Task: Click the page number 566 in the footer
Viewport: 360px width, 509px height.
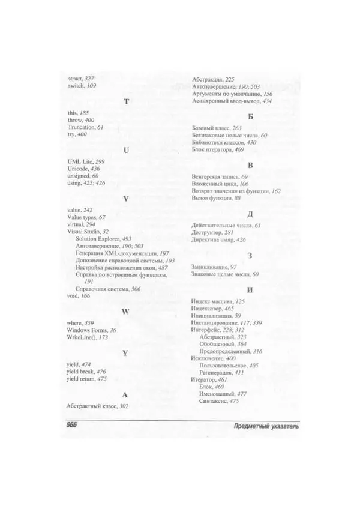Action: tap(73, 426)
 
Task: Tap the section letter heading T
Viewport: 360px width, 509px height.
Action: tap(125, 101)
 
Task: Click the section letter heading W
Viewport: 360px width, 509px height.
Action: tap(125, 311)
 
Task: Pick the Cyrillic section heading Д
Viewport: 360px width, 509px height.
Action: tap(250, 214)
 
